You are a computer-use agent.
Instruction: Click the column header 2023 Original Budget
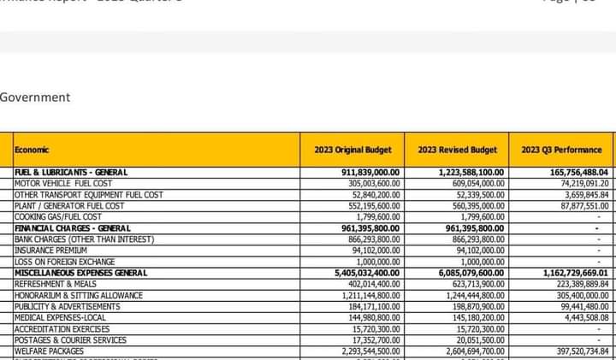[352, 150]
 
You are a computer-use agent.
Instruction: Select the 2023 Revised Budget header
[457, 150]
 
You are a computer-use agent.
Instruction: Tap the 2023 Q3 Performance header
[561, 150]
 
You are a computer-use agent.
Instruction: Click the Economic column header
[32, 150]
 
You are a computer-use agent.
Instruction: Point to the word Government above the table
[35, 97]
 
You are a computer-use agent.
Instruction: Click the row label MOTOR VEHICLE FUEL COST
[63, 184]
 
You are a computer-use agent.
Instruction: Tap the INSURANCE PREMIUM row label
[50, 251]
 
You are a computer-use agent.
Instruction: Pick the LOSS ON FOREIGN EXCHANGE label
[64, 262]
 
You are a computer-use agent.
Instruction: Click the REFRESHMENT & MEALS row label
[56, 284]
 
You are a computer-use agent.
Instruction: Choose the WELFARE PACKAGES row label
[49, 351]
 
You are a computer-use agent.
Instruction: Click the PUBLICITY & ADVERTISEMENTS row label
[67, 306]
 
